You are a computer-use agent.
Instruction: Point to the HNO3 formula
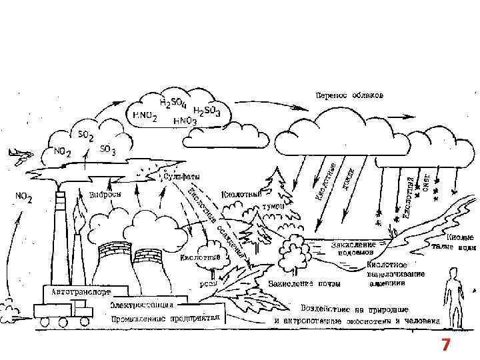coord(185,121)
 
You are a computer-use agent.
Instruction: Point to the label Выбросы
coord(104,195)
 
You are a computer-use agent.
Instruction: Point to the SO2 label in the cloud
coord(86,135)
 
